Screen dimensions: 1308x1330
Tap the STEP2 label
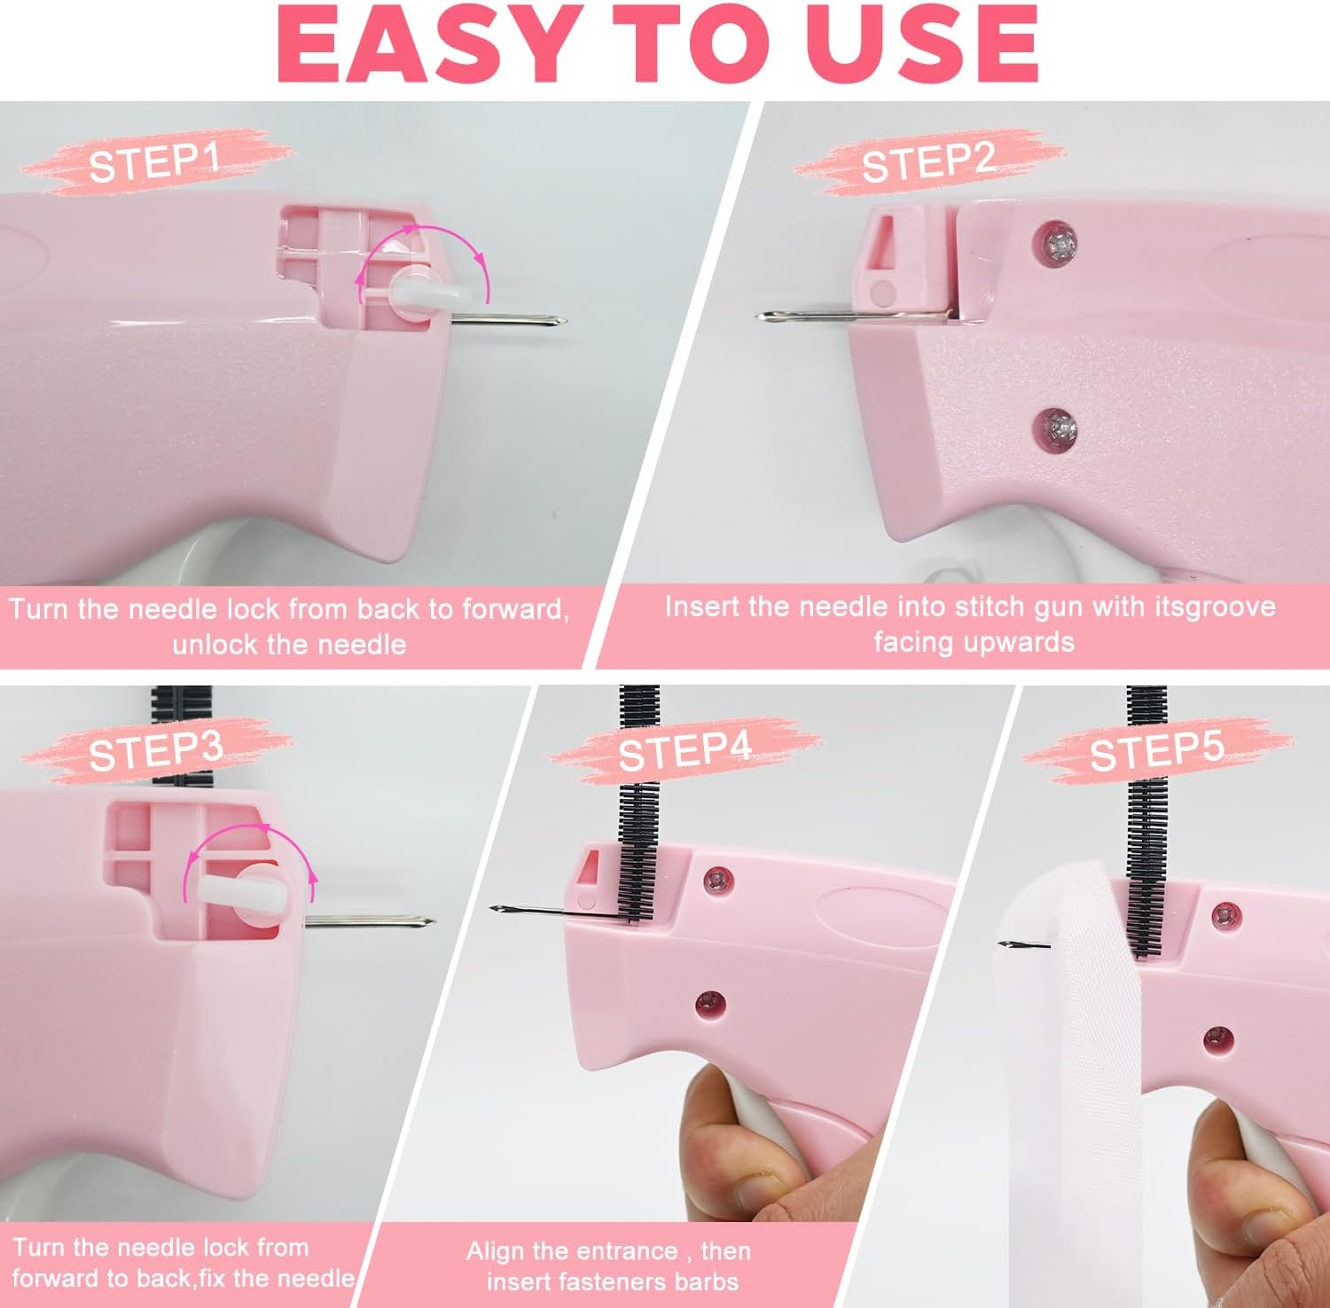[x=928, y=162]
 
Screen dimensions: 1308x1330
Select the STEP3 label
[x=155, y=751]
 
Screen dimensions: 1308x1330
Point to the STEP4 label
[x=685, y=751]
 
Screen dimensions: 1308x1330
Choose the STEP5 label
[x=1156, y=751]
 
